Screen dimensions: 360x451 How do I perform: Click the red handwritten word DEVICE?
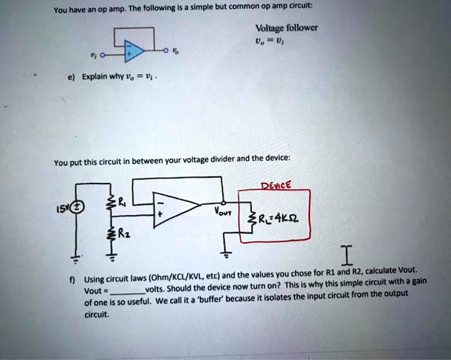pos(276,184)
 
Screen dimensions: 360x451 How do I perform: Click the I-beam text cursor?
pos(347,256)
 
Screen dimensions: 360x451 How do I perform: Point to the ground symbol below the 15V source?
pos(77,260)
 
